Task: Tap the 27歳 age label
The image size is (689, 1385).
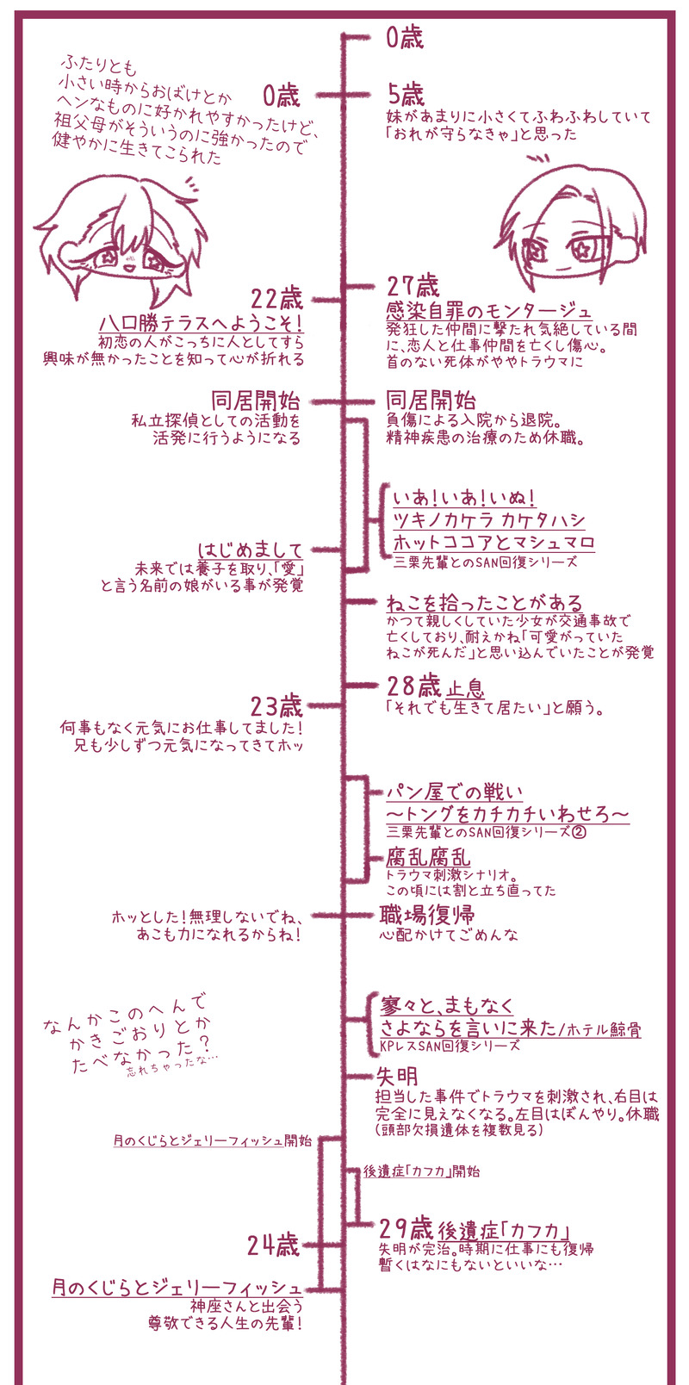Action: click(413, 286)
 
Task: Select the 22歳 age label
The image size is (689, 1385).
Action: click(277, 300)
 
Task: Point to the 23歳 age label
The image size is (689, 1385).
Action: click(276, 707)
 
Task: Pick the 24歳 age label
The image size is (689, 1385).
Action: click(273, 1245)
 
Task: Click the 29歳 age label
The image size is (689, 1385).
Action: click(405, 1227)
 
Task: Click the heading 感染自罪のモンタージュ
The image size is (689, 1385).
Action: click(488, 310)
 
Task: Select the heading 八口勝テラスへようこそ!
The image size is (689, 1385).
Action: click(202, 323)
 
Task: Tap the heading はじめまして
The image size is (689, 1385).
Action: click(251, 550)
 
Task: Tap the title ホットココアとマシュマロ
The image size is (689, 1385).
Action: click(493, 543)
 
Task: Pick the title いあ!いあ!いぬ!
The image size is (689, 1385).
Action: click(464, 498)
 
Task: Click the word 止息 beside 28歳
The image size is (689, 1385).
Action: click(465, 687)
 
